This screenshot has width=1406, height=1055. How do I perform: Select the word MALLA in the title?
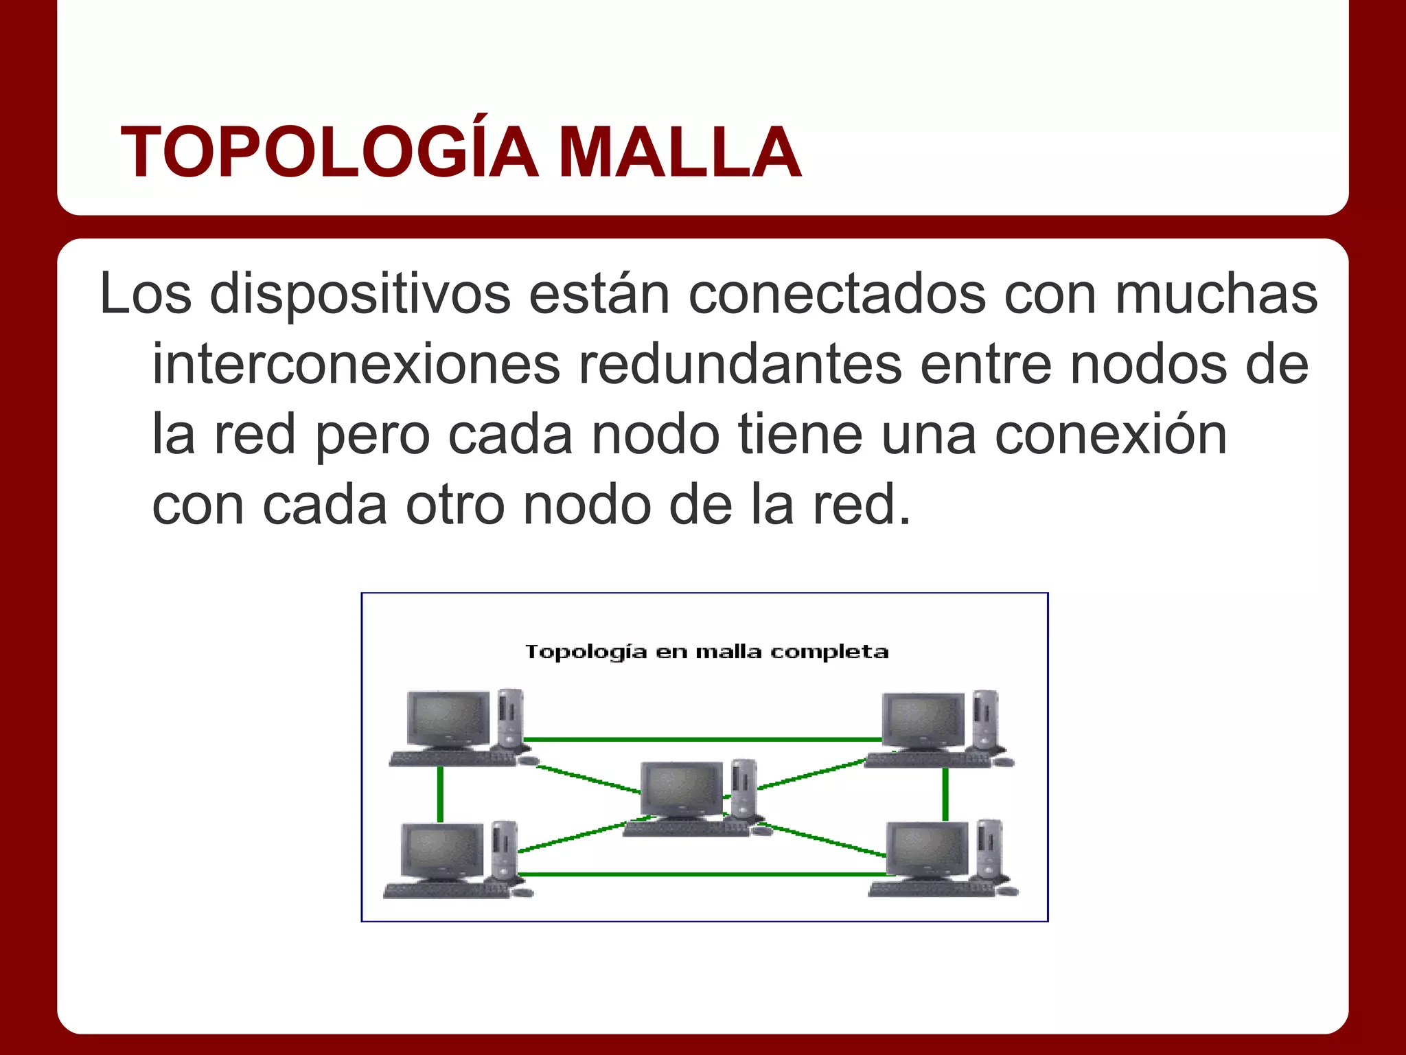pyautogui.click(x=680, y=152)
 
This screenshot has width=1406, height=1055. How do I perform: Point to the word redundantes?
pyautogui.click(x=739, y=365)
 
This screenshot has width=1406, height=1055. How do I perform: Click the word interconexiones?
pyautogui.click(x=356, y=365)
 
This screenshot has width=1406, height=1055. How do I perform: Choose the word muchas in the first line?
pyautogui.click(x=1216, y=294)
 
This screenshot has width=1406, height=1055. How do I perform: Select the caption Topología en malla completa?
pyautogui.click(x=706, y=651)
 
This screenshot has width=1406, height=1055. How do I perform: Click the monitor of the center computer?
pyautogui.click(x=681, y=789)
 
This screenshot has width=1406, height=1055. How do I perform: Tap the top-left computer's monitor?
pyautogui.click(x=448, y=718)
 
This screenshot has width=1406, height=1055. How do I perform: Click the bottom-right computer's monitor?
pyautogui.click(x=927, y=850)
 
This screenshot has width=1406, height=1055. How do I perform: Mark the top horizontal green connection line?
pyautogui.click(x=700, y=740)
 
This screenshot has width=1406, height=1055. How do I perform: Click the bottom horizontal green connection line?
pyautogui.click(x=700, y=874)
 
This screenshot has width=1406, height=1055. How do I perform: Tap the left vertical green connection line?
pyautogui.click(x=440, y=793)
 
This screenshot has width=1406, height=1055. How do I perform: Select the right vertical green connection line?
pyautogui.click(x=945, y=793)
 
